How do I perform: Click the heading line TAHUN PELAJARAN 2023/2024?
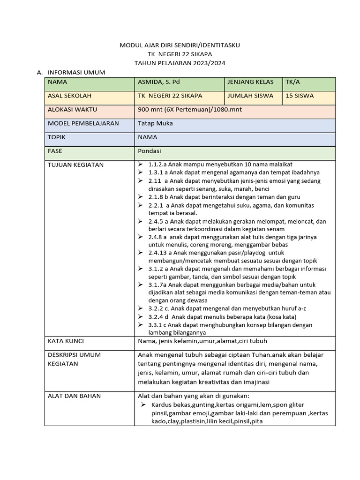coord(180,63)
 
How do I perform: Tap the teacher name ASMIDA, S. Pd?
coord(159,82)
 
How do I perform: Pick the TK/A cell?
coord(293,82)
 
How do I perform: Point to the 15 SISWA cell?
coord(300,96)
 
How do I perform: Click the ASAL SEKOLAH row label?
coord(69,96)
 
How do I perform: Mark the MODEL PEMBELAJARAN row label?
coord(83,123)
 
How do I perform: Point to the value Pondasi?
coord(150,151)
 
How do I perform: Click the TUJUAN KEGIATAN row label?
coord(75,165)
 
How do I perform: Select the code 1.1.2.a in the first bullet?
coord(157,165)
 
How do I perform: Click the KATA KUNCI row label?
coord(66,341)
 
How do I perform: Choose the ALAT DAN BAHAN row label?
coord(74,396)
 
